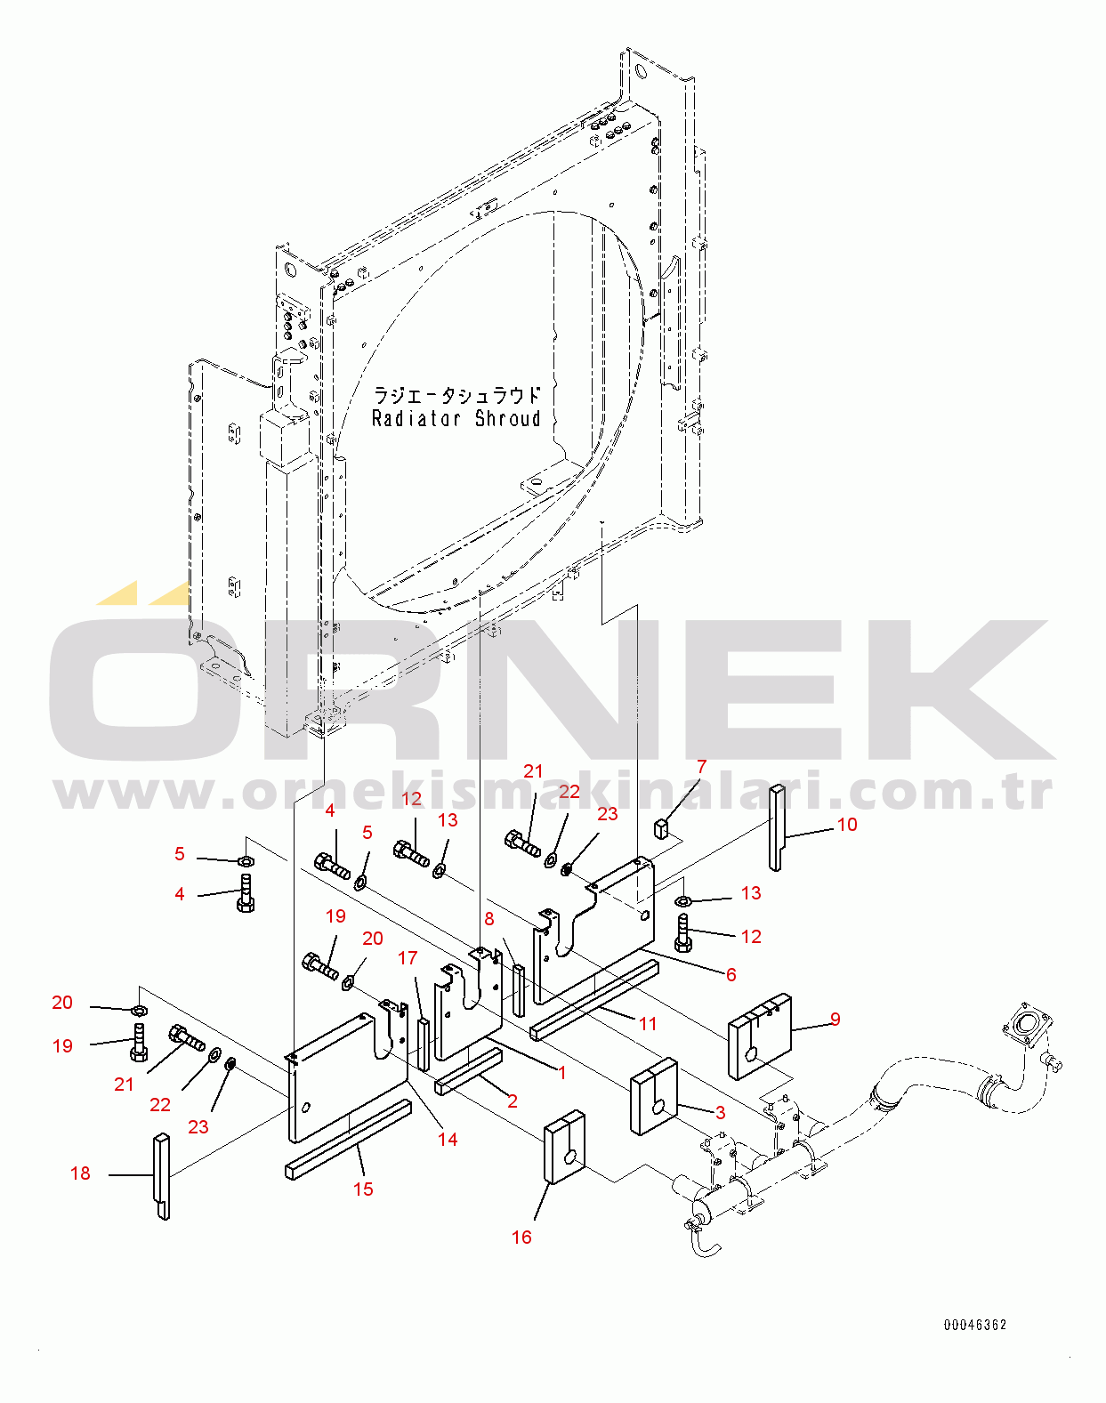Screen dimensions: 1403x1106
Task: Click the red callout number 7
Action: coord(701,767)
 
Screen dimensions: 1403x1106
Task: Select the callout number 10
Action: coord(846,825)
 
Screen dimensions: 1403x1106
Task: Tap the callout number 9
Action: coord(835,1019)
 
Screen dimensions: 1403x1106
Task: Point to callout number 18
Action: coord(80,1173)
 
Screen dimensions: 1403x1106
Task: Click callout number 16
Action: coord(521,1237)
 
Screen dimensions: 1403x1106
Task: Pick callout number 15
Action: coord(363,1189)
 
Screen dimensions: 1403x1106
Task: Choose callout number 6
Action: coord(731,974)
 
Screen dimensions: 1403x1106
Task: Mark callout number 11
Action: coord(648,1024)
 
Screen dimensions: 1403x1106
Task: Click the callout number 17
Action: coord(408,958)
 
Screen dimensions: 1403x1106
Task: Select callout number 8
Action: coord(489,919)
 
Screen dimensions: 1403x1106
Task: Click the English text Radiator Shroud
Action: coord(456,418)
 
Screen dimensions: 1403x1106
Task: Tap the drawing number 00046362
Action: coord(975,1325)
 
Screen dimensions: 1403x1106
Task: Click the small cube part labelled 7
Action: coord(661,828)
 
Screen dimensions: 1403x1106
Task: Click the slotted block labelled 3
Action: coord(653,1096)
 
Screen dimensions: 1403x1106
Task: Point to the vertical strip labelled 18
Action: coord(162,1176)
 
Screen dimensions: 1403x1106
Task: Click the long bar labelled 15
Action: coord(348,1138)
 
